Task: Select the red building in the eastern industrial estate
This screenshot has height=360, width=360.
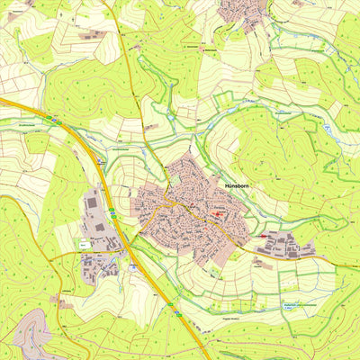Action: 264,236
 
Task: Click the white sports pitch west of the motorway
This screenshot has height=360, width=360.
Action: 83,243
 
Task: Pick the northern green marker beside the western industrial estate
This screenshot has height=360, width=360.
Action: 112,211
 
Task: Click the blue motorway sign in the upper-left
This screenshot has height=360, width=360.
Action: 54,118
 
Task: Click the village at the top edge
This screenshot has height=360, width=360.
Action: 243,11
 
